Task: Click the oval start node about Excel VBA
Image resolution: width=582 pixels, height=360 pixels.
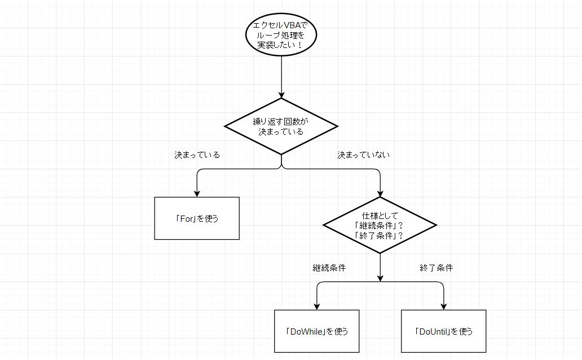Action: (x=281, y=35)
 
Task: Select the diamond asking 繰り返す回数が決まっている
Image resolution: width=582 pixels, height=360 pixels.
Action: (x=281, y=126)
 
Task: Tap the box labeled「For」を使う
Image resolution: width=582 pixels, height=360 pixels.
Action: (x=197, y=218)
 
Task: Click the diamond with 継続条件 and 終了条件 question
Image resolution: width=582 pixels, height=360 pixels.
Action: (x=380, y=225)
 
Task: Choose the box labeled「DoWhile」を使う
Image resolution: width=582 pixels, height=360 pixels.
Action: (x=316, y=331)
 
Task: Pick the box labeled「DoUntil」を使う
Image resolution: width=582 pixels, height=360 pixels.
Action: (x=443, y=331)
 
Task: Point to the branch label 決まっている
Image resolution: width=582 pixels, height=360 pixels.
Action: (x=197, y=155)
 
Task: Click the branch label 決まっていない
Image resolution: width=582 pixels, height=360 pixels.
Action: (x=363, y=155)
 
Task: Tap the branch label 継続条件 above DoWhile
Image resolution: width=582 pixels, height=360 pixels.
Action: (x=329, y=268)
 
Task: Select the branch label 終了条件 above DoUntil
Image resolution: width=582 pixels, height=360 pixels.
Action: (x=436, y=268)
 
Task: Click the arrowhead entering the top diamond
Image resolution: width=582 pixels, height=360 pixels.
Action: (x=281, y=94)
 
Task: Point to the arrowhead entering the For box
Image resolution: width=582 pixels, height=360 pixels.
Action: (x=197, y=193)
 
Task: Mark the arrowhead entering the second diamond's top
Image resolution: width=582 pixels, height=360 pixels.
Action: (x=380, y=193)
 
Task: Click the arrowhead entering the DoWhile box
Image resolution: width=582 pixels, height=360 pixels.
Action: (x=316, y=306)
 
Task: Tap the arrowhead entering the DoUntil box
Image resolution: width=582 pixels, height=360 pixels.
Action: (x=443, y=306)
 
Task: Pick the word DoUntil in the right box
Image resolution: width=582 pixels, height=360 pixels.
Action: (x=432, y=331)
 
